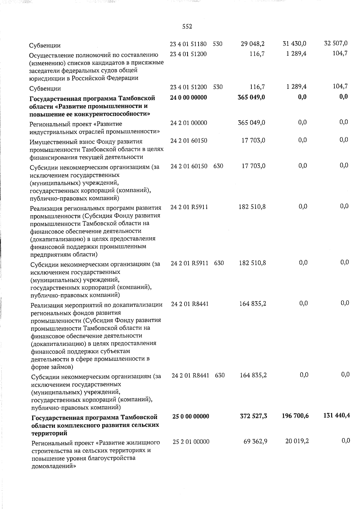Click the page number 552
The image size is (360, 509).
click(187, 27)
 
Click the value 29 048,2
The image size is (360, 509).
click(253, 44)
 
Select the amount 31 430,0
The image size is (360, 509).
click(294, 44)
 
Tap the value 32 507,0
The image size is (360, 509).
click(336, 43)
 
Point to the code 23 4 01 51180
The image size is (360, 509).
click(188, 44)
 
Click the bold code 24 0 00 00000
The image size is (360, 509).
click(188, 97)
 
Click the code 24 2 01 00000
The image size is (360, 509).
click(188, 123)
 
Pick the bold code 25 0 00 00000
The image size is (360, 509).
click(191, 416)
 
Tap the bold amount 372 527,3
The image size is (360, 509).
click(254, 416)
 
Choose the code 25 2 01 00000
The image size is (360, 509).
click(191, 442)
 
